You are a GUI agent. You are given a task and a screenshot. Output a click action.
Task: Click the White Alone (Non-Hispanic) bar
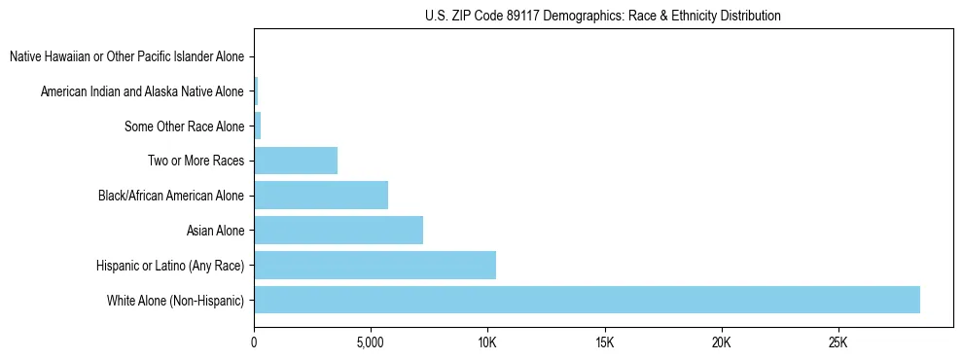click(x=587, y=300)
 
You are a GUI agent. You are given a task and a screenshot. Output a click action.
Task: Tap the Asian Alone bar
click(x=339, y=231)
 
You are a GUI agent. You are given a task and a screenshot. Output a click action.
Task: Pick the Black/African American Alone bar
click(x=321, y=196)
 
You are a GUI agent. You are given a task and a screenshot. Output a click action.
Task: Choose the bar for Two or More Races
click(x=296, y=161)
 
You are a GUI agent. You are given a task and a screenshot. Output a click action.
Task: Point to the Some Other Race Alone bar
click(x=258, y=126)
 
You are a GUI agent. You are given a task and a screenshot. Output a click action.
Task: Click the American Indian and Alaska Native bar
click(x=256, y=91)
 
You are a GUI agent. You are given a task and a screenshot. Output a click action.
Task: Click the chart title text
click(x=603, y=16)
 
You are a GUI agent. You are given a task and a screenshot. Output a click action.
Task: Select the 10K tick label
click(x=487, y=343)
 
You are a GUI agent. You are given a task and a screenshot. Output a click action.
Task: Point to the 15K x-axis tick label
click(x=604, y=343)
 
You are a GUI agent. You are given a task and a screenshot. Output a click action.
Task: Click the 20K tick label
click(x=721, y=343)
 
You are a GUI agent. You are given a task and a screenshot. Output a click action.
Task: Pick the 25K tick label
click(x=838, y=343)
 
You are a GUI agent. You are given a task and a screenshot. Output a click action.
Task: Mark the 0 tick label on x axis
click(x=254, y=343)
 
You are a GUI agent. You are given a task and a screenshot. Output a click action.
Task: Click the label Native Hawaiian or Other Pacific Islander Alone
click(x=126, y=57)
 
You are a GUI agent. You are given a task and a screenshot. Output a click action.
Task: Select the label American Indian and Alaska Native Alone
click(x=142, y=91)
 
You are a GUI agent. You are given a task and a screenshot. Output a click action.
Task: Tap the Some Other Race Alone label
click(x=184, y=126)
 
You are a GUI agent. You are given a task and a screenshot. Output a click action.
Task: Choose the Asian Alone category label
click(x=215, y=231)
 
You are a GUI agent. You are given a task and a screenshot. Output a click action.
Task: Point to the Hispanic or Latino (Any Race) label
click(x=170, y=265)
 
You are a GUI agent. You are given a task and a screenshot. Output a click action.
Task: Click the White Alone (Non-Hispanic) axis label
click(x=175, y=300)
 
